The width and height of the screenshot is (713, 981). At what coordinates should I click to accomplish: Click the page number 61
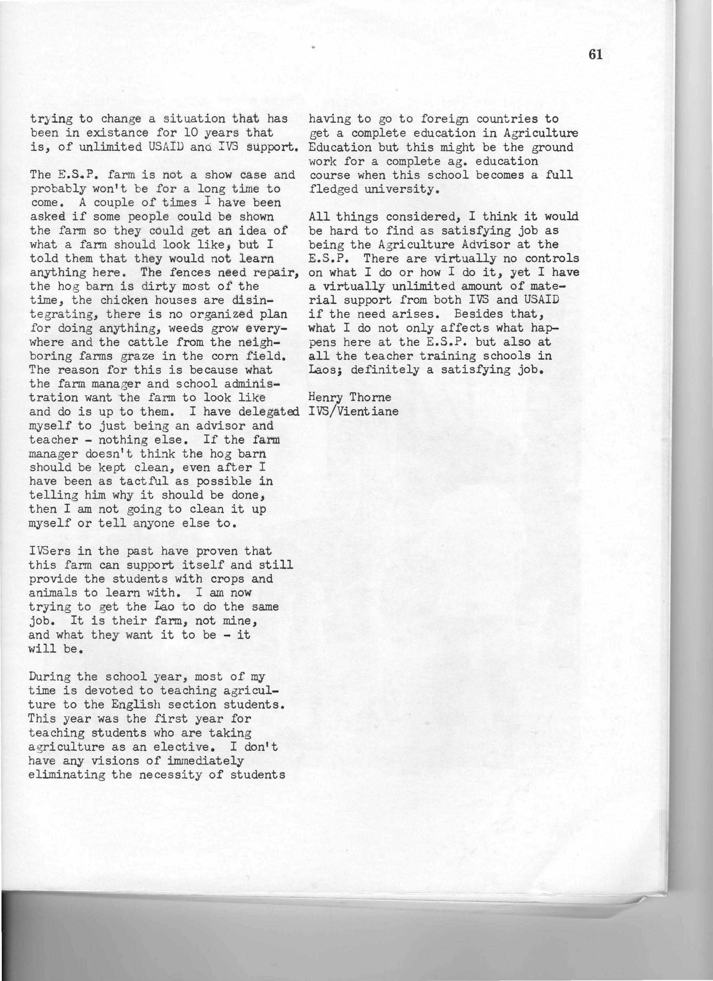coord(595,55)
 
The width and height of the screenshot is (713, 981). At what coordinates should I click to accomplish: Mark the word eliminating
coord(66,775)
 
